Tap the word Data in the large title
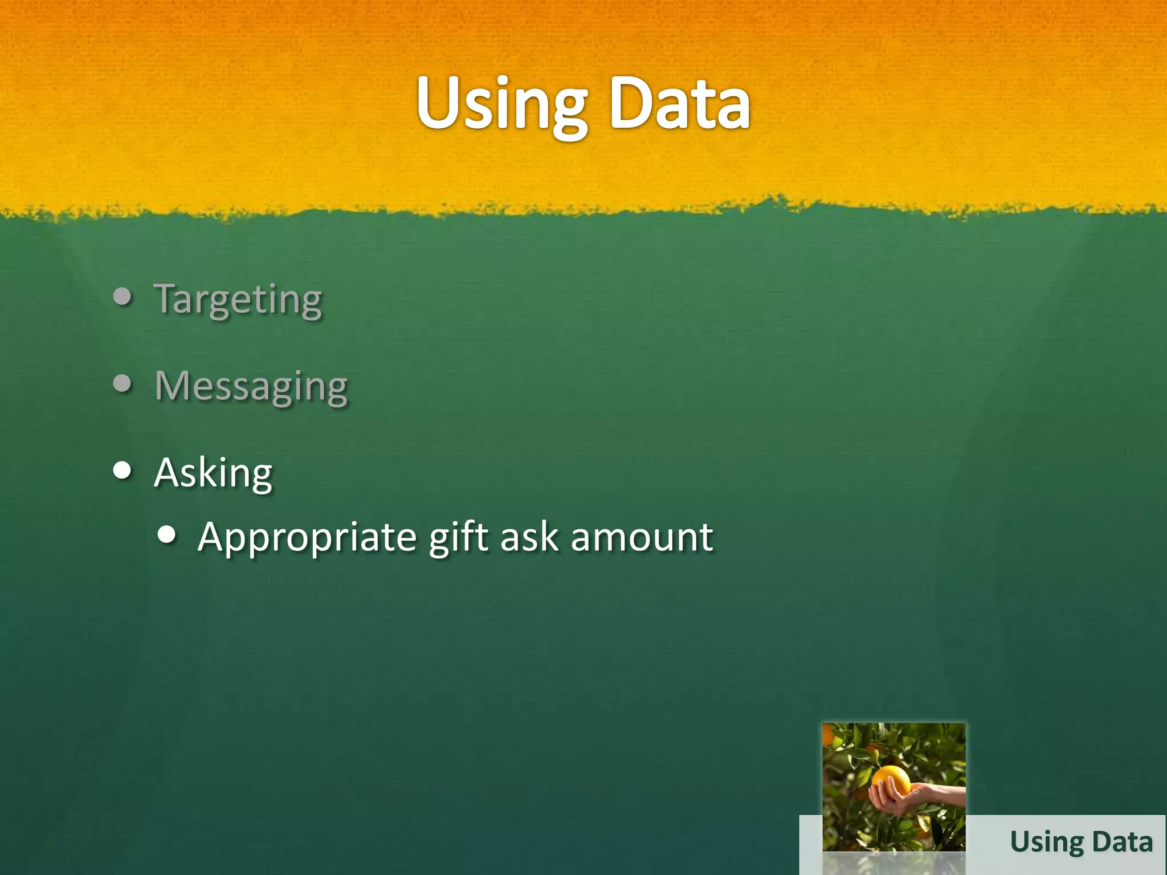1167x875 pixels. (679, 105)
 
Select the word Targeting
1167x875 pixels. (238, 299)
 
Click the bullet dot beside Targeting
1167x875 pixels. (123, 296)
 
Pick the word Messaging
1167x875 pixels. (251, 386)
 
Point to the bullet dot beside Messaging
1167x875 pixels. (123, 383)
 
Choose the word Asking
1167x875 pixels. (214, 473)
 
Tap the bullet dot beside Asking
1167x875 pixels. (123, 471)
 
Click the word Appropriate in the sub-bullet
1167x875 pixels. (307, 537)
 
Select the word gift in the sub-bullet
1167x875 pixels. (459, 537)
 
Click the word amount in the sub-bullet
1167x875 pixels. (642, 537)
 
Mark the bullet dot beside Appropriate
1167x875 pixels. (166, 535)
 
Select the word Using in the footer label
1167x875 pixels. (1047, 843)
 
